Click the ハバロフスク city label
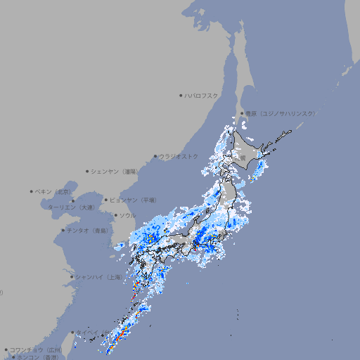201,95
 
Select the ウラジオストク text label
179,156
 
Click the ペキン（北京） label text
53,191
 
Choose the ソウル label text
127,215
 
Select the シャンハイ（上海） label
98,277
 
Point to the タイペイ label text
88,333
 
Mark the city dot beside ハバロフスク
181,95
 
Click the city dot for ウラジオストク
155,156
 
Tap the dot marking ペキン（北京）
32,191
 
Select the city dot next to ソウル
115,215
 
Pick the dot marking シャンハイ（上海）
72,277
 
